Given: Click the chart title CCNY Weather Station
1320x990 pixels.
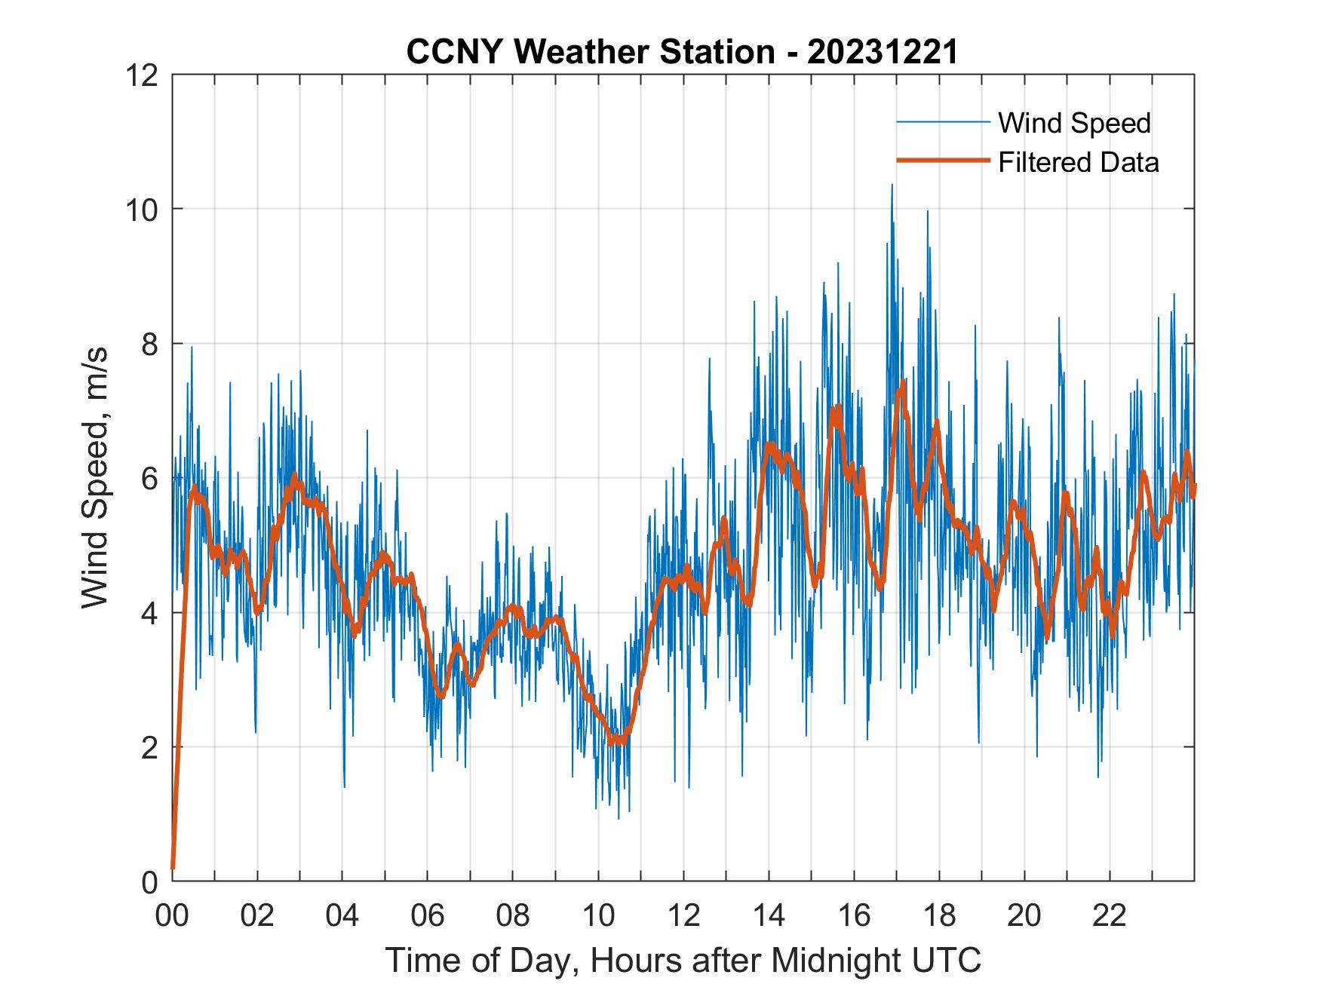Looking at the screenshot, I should coord(590,52).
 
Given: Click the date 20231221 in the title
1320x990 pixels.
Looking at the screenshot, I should coord(882,52).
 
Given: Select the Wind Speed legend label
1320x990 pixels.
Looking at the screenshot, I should coord(1074,123).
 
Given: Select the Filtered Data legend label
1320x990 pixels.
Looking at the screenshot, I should coord(1078,162).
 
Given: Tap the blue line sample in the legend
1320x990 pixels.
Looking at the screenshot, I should coord(942,122).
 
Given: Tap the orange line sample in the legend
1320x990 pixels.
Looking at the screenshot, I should coord(942,161).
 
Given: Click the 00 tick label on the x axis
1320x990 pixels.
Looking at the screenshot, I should coord(172,915).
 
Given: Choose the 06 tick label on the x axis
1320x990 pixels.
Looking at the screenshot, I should coord(428,915).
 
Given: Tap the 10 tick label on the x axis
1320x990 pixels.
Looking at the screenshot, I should coord(598,915).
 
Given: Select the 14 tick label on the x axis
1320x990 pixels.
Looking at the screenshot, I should coord(769,915).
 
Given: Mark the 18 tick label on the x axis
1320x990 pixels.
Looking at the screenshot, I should coord(939,915).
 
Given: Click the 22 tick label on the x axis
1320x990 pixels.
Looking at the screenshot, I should coord(1110,915).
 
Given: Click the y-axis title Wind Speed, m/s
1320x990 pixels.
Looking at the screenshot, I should coord(95,477).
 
